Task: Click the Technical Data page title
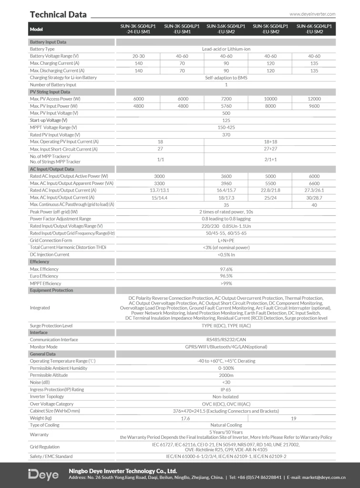point(58,14)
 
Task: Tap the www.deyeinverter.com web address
point(312,14)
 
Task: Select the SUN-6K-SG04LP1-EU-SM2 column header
point(314,29)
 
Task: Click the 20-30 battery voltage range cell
point(139,56)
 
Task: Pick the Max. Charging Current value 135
point(314,63)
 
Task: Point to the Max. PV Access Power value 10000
point(270,99)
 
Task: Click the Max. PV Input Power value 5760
point(226,106)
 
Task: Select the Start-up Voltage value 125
point(226,120)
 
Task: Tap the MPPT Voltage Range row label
point(53,127)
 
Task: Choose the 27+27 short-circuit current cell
point(270,149)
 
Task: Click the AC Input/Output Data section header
point(52,169)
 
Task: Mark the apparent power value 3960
point(226,183)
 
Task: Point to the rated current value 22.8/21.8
point(270,190)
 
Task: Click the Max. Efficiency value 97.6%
point(226,269)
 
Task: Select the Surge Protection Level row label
point(51,325)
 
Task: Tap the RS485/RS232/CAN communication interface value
point(226,340)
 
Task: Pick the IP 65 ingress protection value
point(226,389)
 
